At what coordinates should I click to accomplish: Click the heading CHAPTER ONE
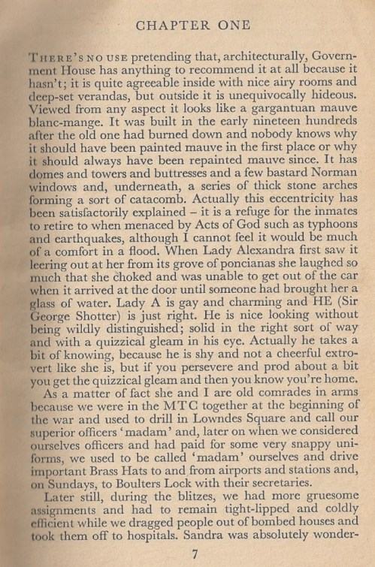(x=194, y=26)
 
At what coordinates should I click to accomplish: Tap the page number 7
(x=194, y=555)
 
